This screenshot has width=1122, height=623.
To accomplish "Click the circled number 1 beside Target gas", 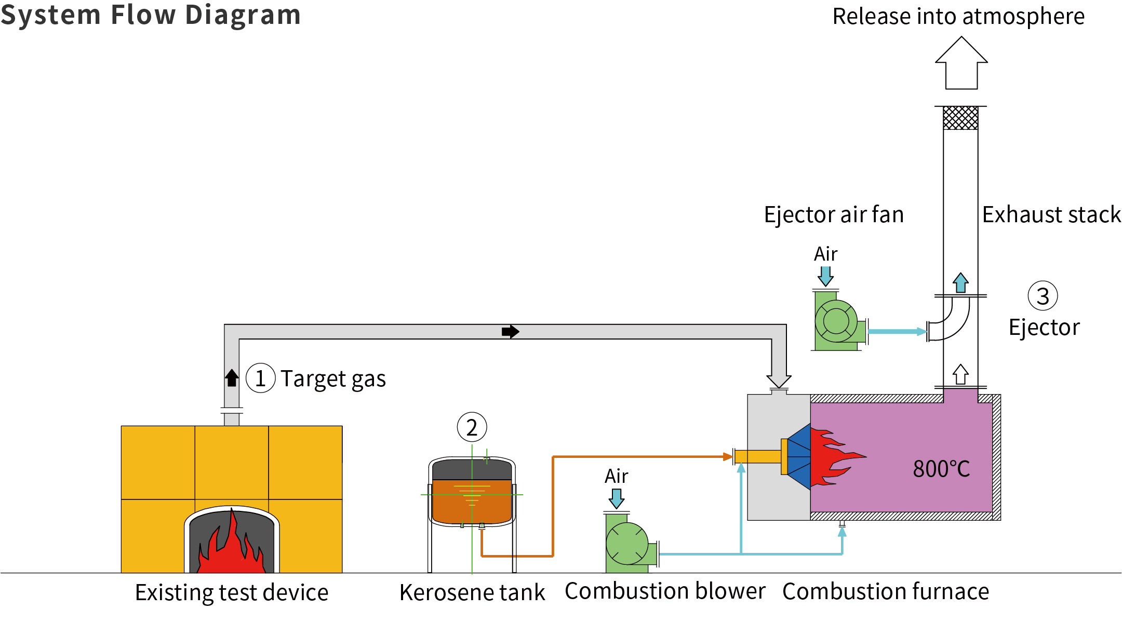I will (x=260, y=378).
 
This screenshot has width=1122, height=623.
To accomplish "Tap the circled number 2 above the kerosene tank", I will (x=472, y=427).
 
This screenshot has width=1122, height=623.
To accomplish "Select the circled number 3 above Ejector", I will (x=1043, y=296).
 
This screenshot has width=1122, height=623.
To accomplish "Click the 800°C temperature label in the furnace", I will (x=941, y=469).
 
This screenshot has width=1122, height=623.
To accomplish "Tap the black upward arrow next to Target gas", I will (x=232, y=377).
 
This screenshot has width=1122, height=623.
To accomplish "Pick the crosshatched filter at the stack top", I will (x=960, y=118).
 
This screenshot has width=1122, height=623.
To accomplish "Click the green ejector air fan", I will (x=836, y=321).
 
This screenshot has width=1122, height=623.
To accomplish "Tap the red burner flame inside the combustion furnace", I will (x=834, y=457).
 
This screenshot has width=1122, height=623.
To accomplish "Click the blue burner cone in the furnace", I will (x=799, y=457).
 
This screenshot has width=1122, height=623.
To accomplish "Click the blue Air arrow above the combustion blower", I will (x=617, y=499).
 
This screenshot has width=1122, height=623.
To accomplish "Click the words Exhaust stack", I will (x=1051, y=214).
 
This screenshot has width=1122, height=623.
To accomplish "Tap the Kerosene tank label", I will (x=472, y=592).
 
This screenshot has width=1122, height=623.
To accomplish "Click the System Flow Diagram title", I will (x=151, y=15).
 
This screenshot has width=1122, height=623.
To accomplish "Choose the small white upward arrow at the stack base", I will (x=960, y=374).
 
